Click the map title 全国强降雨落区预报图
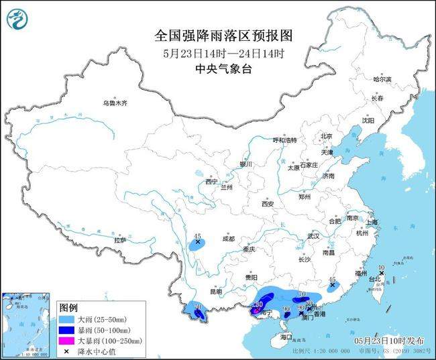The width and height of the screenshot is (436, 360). click(217, 34)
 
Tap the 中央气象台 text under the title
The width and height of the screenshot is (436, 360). click(217, 68)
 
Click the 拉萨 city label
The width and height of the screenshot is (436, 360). click(120, 239)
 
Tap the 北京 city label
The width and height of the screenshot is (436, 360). click(326, 136)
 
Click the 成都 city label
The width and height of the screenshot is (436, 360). click(227, 238)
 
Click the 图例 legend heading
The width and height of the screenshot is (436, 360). click(68, 306)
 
